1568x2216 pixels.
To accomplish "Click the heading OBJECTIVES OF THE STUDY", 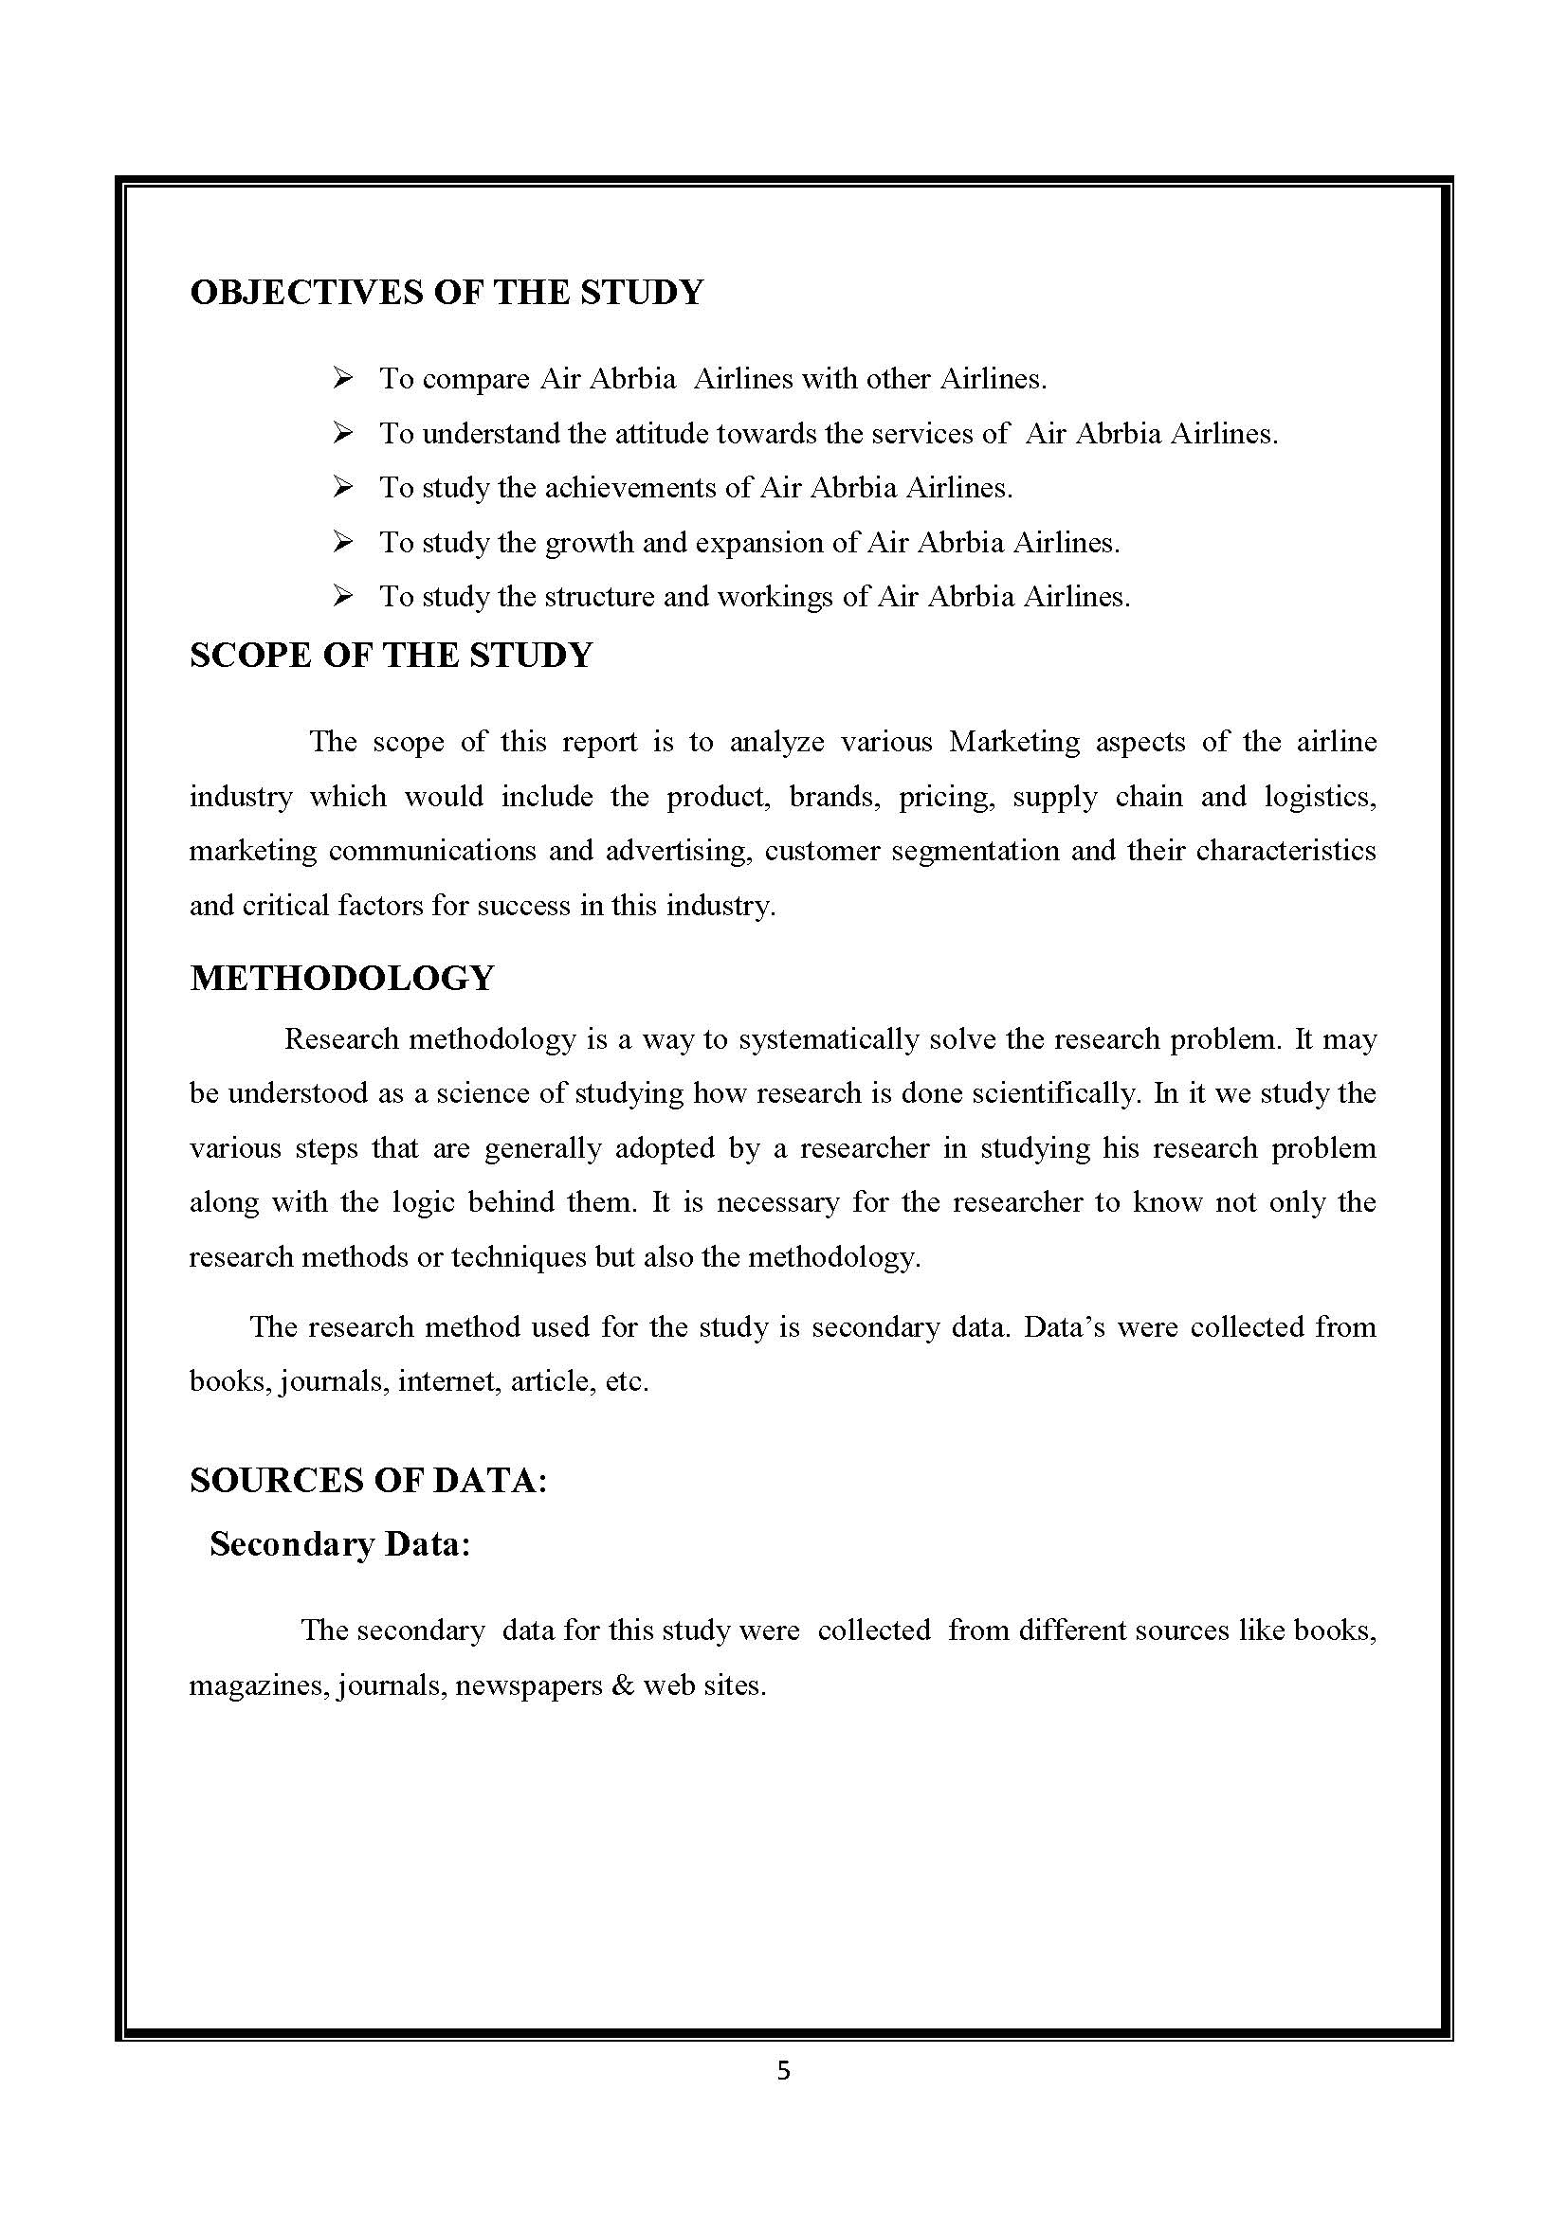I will (x=447, y=293).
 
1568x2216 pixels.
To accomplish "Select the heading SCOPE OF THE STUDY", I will (x=391, y=656).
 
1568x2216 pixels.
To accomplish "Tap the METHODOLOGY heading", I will (x=342, y=978).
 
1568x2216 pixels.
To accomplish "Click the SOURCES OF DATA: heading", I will (x=369, y=1480).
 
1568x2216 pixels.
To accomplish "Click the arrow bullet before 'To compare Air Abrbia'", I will (x=343, y=378).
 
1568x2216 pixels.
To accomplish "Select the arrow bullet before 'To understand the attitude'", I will (x=343, y=433).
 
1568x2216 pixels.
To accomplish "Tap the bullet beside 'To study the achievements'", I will (x=343, y=487).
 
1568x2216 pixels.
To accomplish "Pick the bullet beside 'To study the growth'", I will (x=343, y=543).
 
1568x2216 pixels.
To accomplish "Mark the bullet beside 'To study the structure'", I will (x=343, y=597).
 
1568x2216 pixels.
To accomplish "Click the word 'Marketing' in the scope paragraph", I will (x=1014, y=742).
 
